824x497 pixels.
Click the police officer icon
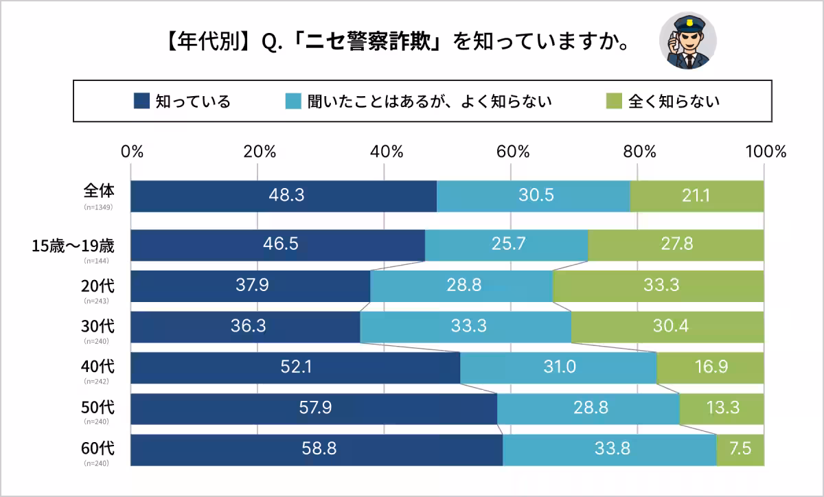pos(687,41)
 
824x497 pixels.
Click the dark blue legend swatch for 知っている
pos(141,101)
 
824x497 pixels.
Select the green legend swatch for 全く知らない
pos(614,101)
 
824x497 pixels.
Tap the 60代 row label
pos(98,449)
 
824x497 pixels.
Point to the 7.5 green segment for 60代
pos(740,450)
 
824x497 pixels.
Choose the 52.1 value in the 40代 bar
pos(296,368)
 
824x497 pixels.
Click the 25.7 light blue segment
pos(506,245)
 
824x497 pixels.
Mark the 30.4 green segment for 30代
pos(667,327)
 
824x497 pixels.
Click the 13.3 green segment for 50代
pos(722,408)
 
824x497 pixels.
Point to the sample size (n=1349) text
pos(98,207)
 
